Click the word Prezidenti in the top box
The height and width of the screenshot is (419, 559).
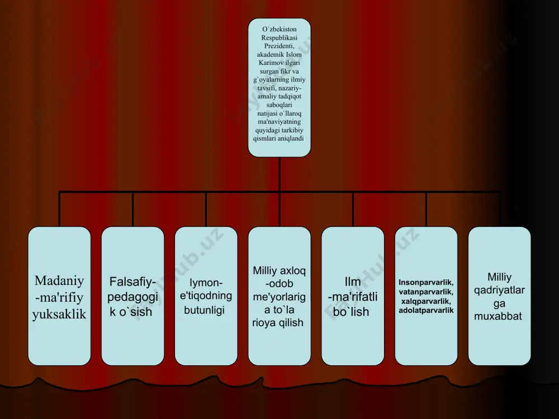tap(279, 46)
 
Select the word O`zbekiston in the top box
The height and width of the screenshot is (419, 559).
tap(279, 29)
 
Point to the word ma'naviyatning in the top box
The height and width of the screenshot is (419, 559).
tap(279, 121)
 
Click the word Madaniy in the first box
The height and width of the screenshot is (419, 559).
tap(59, 281)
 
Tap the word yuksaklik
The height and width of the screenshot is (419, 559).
tap(59, 314)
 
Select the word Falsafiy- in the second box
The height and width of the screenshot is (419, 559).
tap(132, 282)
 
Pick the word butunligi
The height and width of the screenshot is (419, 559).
tap(204, 310)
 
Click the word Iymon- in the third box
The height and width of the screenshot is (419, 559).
tap(206, 283)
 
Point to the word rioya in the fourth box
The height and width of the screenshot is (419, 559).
tap(264, 323)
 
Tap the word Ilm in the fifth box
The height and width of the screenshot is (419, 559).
tap(353, 282)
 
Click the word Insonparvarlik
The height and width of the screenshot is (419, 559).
tap(426, 283)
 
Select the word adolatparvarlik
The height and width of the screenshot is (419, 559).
tap(426, 310)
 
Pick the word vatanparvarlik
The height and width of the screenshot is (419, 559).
tap(426, 292)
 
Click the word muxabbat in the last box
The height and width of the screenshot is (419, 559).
tap(498, 316)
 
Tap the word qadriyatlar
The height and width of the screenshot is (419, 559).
tap(499, 291)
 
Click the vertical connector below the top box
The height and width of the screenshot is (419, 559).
tap(279, 174)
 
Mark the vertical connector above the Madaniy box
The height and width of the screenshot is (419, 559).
tap(60, 209)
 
